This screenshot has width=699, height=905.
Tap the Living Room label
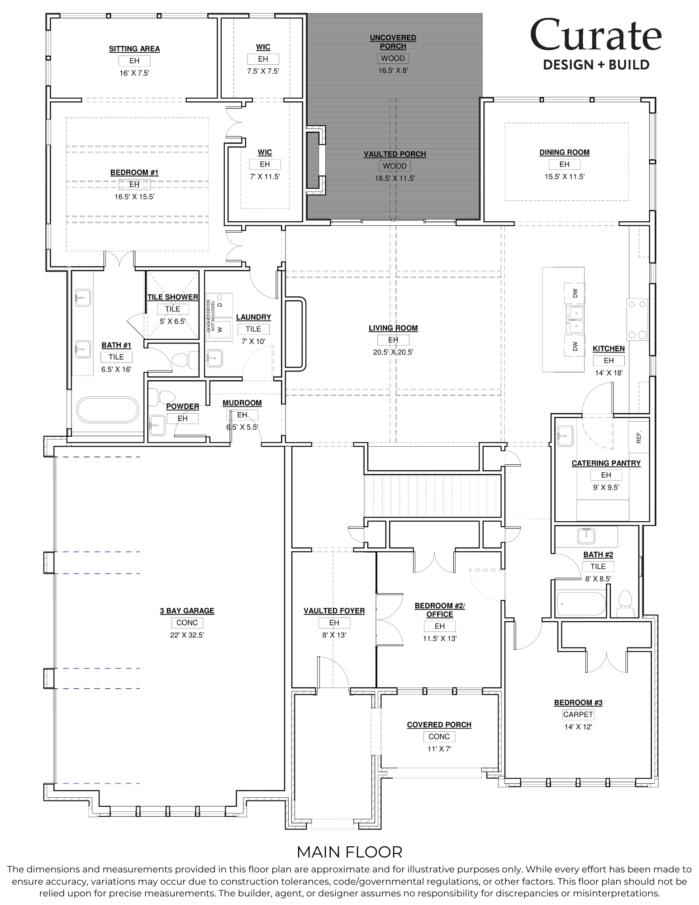393,328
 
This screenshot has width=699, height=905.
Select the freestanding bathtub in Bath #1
107,410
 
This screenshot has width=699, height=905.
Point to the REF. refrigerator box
639,437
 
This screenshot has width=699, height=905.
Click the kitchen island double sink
575,319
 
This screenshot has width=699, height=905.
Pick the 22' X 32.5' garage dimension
187,635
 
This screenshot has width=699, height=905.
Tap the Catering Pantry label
606,463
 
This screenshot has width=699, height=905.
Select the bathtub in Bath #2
580,604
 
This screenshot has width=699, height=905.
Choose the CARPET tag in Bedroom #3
578,714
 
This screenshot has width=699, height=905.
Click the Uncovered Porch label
393,42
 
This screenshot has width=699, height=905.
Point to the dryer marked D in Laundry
220,304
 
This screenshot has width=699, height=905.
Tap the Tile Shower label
173,297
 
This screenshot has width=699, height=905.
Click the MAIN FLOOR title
349,852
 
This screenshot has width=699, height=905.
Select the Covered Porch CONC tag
439,737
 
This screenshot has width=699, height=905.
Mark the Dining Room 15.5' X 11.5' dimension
564,176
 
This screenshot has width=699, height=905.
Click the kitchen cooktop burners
637,319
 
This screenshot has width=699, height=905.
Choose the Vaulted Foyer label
334,611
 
